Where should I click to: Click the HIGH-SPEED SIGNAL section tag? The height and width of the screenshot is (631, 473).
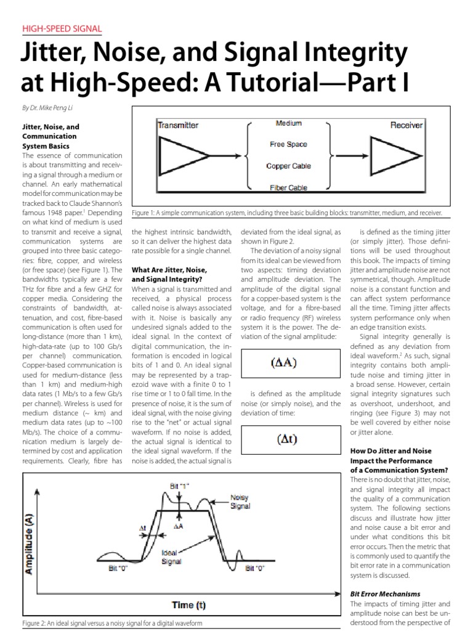coord(62,29)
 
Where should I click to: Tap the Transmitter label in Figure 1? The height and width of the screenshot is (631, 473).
coord(178,125)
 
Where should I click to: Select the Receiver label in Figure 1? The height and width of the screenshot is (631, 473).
coord(406,125)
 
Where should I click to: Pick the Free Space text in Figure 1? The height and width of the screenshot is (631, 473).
coord(288,145)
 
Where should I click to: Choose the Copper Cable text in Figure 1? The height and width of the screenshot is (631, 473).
coord(288,166)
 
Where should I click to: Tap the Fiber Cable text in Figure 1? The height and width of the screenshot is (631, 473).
coord(288,187)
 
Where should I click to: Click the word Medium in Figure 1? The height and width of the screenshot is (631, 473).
coord(288,124)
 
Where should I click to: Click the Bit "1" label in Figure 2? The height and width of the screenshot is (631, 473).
coord(180,486)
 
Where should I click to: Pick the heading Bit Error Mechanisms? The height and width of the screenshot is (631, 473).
coord(381,593)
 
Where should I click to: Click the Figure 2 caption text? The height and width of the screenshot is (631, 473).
coord(111,624)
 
